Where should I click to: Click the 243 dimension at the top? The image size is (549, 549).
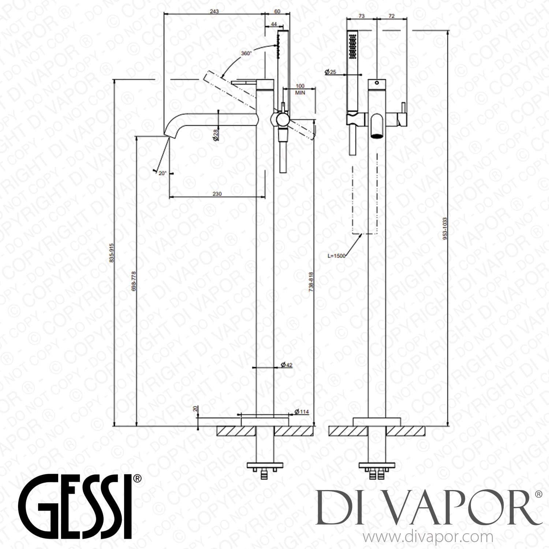tap(214, 11)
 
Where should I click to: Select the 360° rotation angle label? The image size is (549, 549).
tap(246, 53)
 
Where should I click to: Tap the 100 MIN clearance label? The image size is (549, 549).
tap(300, 90)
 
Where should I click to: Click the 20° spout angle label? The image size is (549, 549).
tap(163, 174)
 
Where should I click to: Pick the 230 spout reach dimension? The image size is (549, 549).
tap(217, 194)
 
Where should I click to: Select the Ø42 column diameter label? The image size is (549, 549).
tap(286, 365)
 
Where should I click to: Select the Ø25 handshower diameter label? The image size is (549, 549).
tap(330, 72)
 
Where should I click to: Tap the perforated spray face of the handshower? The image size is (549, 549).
tap(353, 46)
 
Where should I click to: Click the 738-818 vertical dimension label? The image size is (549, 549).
tap(311, 281)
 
